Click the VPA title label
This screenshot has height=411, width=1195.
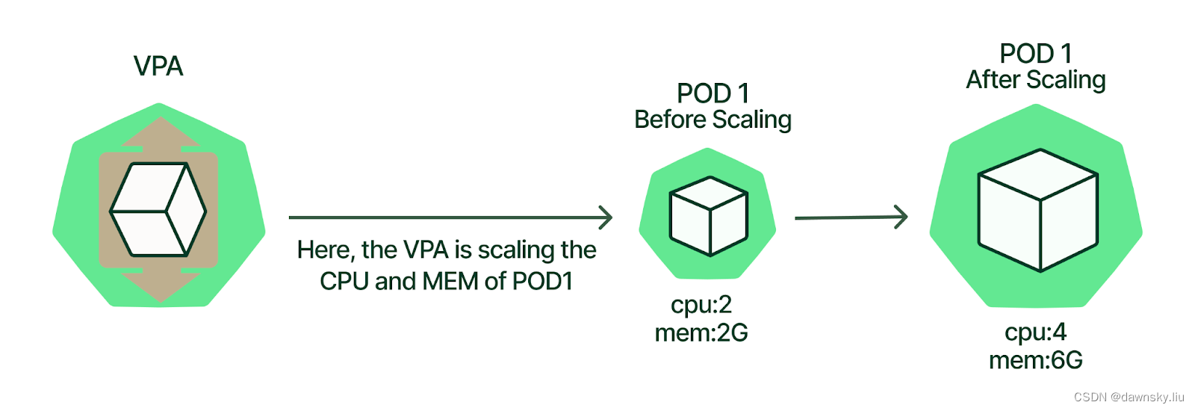pyautogui.click(x=158, y=67)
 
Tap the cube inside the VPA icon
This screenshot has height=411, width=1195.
pyautogui.click(x=158, y=210)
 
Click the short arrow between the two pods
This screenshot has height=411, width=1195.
pyautogui.click(x=851, y=217)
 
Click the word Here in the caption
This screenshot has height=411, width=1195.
pyautogui.click(x=324, y=250)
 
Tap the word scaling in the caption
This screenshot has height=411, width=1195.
pyautogui.click(x=516, y=250)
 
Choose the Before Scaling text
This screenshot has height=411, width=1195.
pyautogui.click(x=713, y=120)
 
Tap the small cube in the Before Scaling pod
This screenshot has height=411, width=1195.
pyautogui.click(x=708, y=216)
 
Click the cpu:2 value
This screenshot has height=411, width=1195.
pyautogui.click(x=701, y=305)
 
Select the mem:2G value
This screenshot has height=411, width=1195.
pyautogui.click(x=701, y=333)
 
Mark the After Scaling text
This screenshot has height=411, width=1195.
pyautogui.click(x=1036, y=80)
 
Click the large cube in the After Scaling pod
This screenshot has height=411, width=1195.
pyautogui.click(x=1037, y=210)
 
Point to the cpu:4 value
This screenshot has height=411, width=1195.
pyautogui.click(x=1036, y=332)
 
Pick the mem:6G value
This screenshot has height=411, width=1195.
pyautogui.click(x=1036, y=360)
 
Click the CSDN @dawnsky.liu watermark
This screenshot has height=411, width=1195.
pyautogui.click(x=1129, y=397)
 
